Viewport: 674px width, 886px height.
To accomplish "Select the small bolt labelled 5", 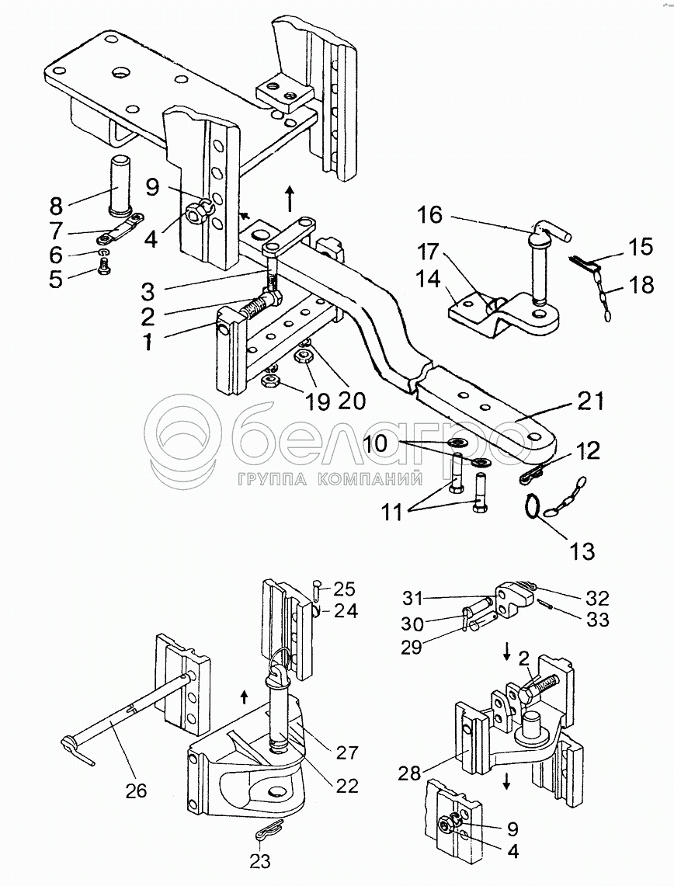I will pos(104,266).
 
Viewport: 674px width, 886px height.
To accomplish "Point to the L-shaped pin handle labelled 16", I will pos(551,228).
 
